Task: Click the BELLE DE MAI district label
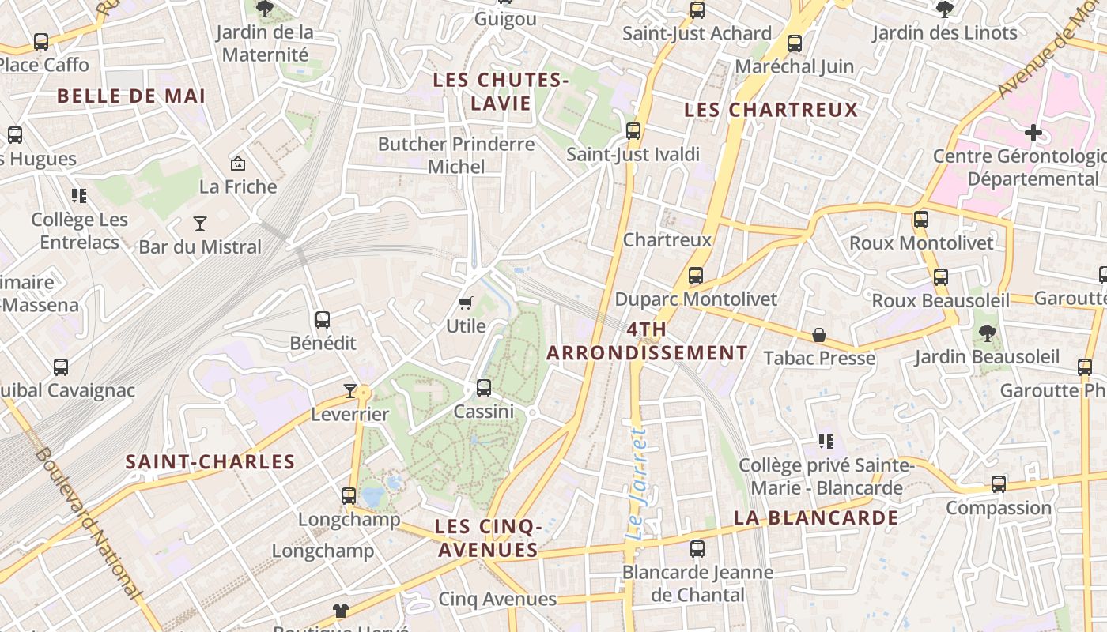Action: pos(131,96)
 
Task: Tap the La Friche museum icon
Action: pos(237,164)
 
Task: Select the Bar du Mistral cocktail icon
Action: pos(200,224)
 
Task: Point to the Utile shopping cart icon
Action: pos(466,303)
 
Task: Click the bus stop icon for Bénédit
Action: pos(323,320)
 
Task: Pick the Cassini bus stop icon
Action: pos(484,388)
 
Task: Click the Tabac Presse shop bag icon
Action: pos(819,336)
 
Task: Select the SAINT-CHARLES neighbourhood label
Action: pos(210,462)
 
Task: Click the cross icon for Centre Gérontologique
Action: pos(1033,133)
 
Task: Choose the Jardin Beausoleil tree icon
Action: pos(987,333)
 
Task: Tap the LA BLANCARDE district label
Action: pos(816,518)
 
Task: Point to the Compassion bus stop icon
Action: pos(999,484)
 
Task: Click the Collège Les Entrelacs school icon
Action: pos(78,195)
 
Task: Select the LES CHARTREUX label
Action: pos(771,110)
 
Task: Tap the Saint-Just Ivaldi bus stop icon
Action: pos(633,131)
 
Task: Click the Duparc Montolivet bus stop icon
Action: pos(696,276)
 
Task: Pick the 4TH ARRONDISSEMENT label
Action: pos(647,341)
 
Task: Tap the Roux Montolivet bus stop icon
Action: pos(921,220)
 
